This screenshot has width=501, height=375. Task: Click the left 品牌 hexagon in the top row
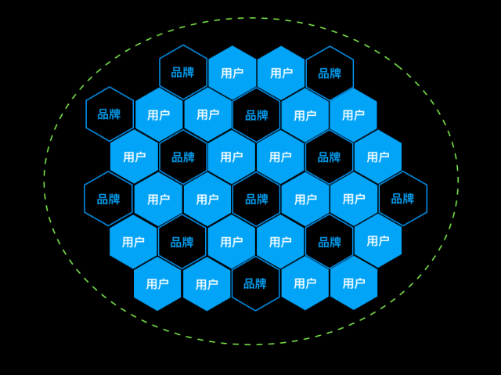(183, 72)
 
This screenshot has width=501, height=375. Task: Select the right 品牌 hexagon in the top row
(330, 73)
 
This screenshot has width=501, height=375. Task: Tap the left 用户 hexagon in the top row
(232, 73)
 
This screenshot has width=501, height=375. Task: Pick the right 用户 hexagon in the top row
(281, 73)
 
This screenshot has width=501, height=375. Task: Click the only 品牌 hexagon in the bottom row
(256, 283)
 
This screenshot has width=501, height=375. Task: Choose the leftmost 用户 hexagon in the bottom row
(157, 283)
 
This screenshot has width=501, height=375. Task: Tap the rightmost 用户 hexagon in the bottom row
(354, 283)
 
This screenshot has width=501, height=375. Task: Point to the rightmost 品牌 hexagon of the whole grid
(403, 199)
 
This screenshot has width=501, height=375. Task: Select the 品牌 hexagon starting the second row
(110, 114)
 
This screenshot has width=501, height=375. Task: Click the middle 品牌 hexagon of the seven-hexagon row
(256, 200)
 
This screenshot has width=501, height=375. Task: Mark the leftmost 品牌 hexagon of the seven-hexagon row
(108, 199)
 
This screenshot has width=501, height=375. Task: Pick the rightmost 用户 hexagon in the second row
(353, 115)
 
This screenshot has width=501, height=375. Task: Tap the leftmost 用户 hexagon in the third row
(134, 157)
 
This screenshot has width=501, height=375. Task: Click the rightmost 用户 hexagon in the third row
(378, 157)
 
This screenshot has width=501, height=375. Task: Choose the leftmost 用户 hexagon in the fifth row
(133, 242)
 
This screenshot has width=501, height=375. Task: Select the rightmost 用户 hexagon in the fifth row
(378, 241)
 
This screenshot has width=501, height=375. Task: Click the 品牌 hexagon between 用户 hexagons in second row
(257, 115)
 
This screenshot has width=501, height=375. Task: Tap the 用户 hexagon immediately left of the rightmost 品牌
(354, 199)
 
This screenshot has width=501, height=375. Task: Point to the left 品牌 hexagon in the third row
(183, 157)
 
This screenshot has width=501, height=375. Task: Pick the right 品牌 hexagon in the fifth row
(330, 242)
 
